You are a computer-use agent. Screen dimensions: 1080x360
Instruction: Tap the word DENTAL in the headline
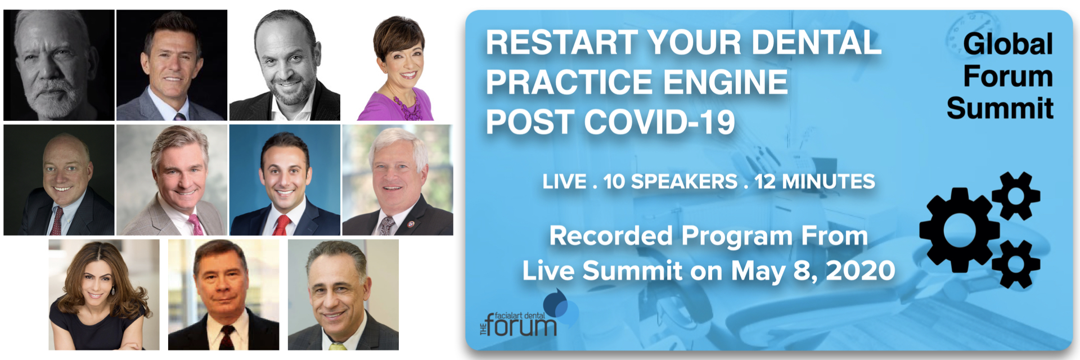pos(816,43)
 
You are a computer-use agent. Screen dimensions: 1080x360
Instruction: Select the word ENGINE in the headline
pos(725,82)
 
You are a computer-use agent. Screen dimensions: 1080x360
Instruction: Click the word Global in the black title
pos(1008,44)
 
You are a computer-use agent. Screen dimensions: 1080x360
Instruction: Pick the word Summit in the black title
pos(1000,108)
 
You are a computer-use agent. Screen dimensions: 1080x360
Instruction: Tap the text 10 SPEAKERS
pos(670,182)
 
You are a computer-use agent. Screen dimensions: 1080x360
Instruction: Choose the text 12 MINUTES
pos(814,182)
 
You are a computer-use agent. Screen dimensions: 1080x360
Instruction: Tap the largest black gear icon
pos(959,231)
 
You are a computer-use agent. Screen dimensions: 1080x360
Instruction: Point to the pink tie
pos(195,224)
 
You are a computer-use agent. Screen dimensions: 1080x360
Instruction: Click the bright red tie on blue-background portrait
pos(281,225)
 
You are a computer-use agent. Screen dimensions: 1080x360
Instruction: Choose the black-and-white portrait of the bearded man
pos(59,65)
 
